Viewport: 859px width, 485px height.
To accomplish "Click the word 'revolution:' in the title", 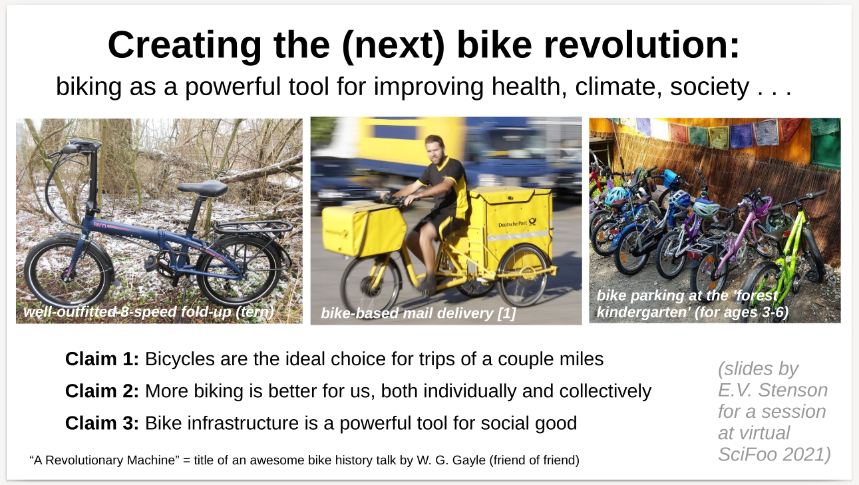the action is pyautogui.click(x=642, y=45).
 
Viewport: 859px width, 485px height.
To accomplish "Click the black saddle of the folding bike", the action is pyautogui.click(x=202, y=188).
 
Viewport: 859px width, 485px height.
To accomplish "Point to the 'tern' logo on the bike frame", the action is pyautogui.click(x=100, y=225).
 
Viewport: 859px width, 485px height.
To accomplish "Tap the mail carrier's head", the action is pyautogui.click(x=435, y=149).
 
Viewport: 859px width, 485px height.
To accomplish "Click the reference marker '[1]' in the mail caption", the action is pyautogui.click(x=506, y=313).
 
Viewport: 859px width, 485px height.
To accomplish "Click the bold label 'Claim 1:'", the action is pyautogui.click(x=102, y=359).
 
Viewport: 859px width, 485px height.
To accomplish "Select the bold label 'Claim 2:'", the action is pyautogui.click(x=102, y=391).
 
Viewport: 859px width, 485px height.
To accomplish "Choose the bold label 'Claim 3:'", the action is pyautogui.click(x=102, y=423).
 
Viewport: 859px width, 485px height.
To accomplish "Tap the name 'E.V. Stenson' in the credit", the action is pyautogui.click(x=773, y=391).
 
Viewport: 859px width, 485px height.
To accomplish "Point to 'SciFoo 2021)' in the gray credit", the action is pyautogui.click(x=774, y=454).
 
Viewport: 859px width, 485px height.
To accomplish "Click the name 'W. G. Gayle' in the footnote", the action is pyautogui.click(x=451, y=460).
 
